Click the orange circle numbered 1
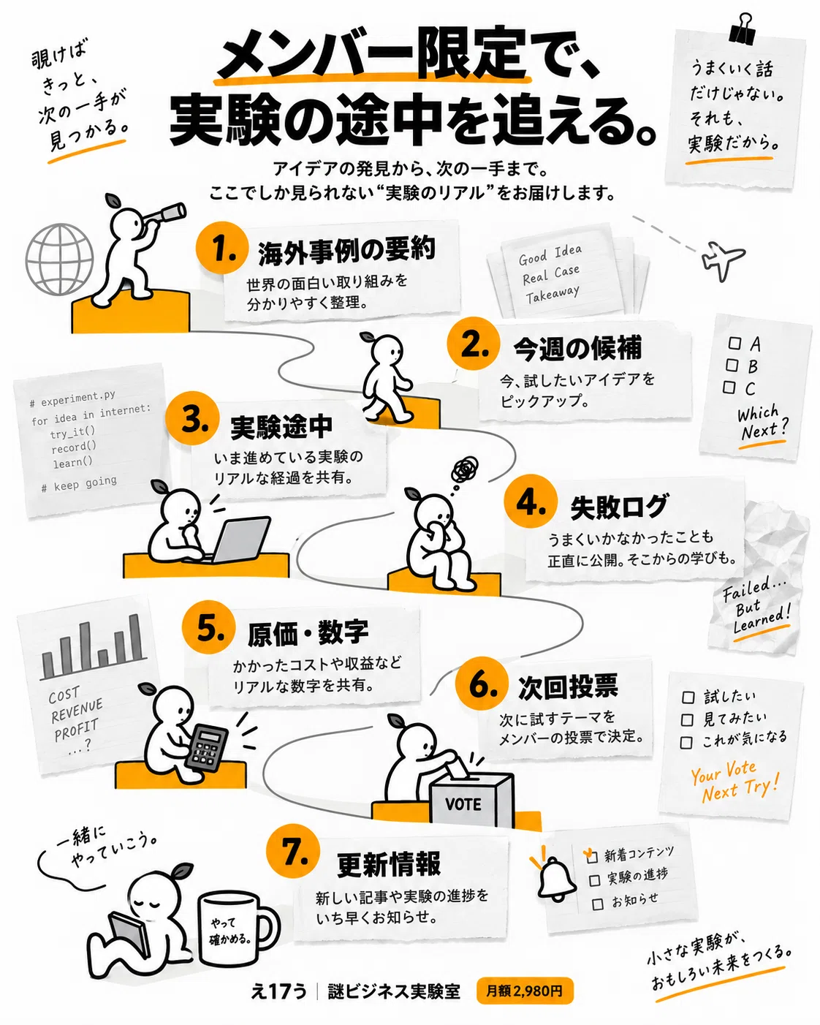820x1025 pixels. (222, 248)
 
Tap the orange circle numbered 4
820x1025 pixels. (531, 501)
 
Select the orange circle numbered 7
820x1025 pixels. (293, 851)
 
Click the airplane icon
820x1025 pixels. (722, 260)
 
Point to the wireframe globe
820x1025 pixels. (59, 259)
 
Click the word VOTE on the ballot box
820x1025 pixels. (463, 804)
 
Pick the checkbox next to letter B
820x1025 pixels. (732, 366)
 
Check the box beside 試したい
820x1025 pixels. (688, 697)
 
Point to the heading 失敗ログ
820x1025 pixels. (619, 507)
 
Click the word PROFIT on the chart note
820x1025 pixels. (76, 730)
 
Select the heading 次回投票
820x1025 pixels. (568, 687)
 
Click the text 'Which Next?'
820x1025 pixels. (762, 423)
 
